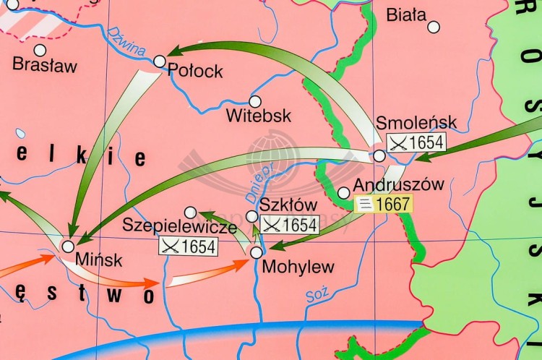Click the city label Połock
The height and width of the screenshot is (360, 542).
click(x=195, y=72)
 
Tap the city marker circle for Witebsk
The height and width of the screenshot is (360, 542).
click(x=254, y=102)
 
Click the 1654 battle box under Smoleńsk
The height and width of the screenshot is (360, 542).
click(x=416, y=142)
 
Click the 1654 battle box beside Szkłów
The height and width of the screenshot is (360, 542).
click(x=288, y=225)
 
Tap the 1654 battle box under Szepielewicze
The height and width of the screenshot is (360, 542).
click(x=188, y=247)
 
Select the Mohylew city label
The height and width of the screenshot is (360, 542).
click(x=298, y=267)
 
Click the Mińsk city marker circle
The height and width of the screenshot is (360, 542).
click(x=68, y=247)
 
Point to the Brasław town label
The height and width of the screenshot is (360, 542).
click(x=45, y=65)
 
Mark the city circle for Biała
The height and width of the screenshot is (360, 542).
click(x=434, y=27)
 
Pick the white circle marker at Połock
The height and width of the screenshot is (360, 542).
click(x=160, y=61)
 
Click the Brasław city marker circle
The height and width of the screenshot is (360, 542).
click(x=40, y=50)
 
